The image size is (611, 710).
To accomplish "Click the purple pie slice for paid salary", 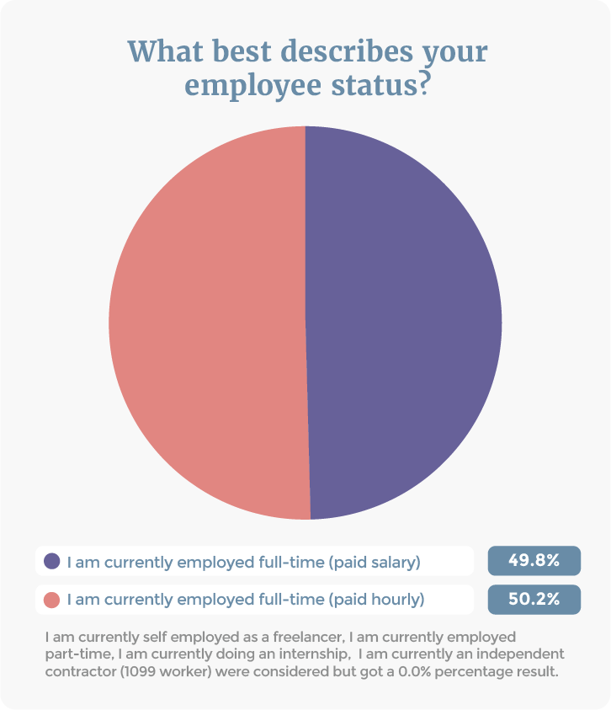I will pos(404,323).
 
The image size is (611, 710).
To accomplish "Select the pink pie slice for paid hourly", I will pos(206,323).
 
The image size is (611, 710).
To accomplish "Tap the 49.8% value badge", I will pos(534,561).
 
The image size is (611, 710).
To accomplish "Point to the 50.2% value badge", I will pos(534,600).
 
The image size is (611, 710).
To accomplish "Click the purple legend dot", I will pos(52,561).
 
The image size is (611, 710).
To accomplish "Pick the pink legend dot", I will pos(52,600).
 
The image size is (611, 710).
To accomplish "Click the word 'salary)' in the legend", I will pos(395,561).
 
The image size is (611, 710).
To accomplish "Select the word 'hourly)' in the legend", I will pos(399,600).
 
